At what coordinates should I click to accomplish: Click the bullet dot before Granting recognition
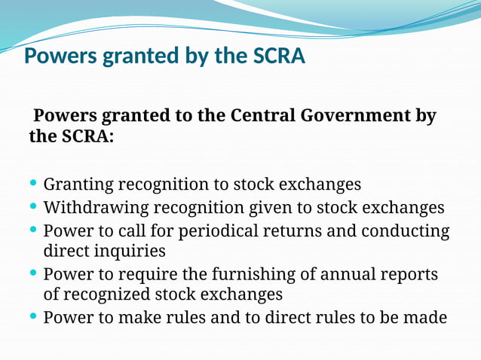pyautogui.click(x=34, y=184)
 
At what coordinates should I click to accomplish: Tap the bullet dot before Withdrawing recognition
pyautogui.click(x=34, y=206)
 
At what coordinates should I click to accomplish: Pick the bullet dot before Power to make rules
pyautogui.click(x=34, y=316)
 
